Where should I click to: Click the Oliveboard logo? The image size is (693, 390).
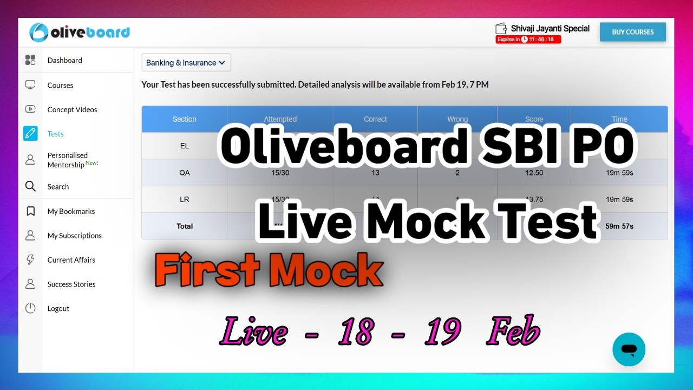[x=80, y=32]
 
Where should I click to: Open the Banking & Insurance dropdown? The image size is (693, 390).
[x=186, y=63]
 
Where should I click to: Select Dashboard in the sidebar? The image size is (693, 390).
[x=64, y=60]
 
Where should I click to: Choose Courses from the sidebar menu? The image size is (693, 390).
[x=60, y=85]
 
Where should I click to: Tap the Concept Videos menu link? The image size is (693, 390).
[x=72, y=109]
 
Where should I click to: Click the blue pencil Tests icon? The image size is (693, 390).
[x=30, y=133]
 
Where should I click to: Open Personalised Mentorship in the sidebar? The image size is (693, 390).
[x=68, y=160]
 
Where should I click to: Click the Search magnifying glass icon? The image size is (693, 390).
[x=30, y=186]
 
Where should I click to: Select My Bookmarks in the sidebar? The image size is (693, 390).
[x=71, y=211]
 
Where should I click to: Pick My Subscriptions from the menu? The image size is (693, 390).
[x=74, y=236]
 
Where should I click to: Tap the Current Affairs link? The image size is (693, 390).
[x=71, y=260]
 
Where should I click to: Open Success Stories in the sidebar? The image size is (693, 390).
[x=71, y=284]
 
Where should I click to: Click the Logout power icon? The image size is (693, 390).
[x=30, y=308]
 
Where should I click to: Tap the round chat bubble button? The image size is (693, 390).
[x=629, y=349]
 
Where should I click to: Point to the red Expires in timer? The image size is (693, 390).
[x=528, y=40]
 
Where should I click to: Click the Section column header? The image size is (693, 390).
[x=185, y=119]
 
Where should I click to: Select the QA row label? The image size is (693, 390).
[x=185, y=173]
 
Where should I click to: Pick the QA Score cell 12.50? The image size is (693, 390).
[x=534, y=173]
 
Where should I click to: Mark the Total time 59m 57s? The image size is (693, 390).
[x=619, y=226]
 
